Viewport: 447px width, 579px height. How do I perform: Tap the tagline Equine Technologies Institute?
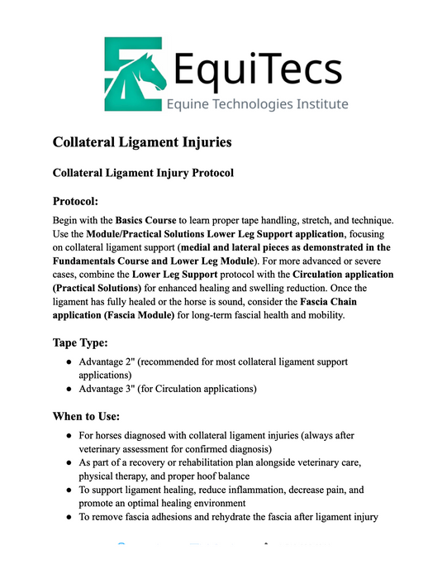(257, 104)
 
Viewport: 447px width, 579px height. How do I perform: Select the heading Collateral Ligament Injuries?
(142, 142)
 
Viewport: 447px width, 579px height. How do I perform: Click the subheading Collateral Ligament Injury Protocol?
(143, 173)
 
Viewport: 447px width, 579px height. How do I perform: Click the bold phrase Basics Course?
(145, 221)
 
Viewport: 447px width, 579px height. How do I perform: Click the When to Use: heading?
(87, 416)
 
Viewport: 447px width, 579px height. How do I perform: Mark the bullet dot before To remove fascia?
(68, 517)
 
